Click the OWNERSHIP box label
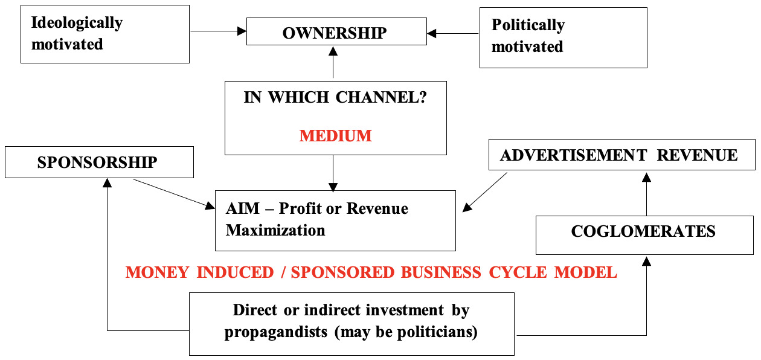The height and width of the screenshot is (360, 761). coord(335,33)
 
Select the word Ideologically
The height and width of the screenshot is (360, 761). coord(77,24)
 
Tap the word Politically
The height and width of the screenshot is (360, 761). coord(528,25)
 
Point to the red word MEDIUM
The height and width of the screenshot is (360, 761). coord(335,136)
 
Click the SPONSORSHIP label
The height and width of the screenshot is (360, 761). coord(97,162)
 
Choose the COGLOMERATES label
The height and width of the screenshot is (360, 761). coord(643,231)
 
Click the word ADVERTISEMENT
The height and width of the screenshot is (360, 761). coord(574,156)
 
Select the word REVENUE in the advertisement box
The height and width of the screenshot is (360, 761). coord(697,156)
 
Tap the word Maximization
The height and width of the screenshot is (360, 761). coord(275,230)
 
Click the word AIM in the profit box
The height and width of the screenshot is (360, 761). coord(243,208)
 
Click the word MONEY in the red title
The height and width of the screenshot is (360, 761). coord(157,272)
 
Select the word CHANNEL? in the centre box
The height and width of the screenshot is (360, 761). coord(381,97)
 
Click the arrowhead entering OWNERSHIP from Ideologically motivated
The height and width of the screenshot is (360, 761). coord(242,31)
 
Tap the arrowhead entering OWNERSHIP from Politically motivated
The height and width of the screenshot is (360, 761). coord(431,34)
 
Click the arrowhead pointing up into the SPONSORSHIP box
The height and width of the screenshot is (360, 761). coord(108,183)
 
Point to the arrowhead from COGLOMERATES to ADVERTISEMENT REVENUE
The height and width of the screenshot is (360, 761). coord(646,178)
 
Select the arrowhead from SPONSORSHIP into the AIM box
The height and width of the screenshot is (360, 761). coord(210,205)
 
